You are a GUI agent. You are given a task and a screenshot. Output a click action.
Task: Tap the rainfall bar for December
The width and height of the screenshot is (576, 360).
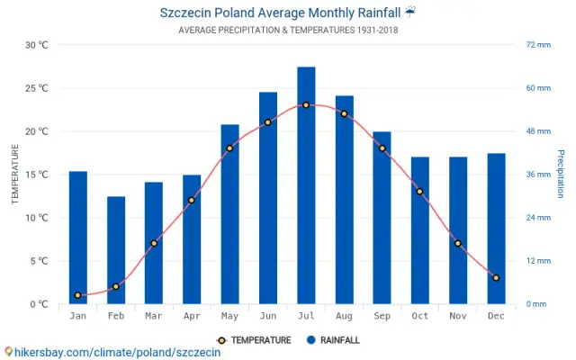click(496, 229)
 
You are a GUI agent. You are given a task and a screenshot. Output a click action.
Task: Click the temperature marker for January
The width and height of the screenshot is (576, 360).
click(78, 295)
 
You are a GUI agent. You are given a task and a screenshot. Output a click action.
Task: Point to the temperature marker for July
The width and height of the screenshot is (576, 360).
click(306, 105)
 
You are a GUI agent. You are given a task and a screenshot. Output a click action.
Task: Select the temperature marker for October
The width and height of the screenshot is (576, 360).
click(419, 192)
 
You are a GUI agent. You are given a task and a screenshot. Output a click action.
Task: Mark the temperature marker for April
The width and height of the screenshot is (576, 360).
click(192, 200)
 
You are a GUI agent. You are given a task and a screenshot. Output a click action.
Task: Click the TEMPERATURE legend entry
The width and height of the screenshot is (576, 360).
click(254, 340)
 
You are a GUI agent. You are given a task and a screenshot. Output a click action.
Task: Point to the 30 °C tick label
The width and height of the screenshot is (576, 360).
click(37, 45)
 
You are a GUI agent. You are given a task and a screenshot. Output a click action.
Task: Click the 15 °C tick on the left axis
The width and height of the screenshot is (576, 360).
click(37, 175)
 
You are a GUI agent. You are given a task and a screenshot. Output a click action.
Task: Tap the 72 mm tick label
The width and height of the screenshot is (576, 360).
click(537, 45)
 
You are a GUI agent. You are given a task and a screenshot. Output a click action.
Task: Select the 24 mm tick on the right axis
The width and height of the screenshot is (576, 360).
click(537, 218)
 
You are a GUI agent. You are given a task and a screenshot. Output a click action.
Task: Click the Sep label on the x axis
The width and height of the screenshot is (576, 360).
click(382, 316)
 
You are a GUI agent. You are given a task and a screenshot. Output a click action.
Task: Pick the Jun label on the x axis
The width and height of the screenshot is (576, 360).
click(268, 316)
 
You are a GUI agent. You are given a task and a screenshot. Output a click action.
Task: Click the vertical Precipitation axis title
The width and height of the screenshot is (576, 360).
click(560, 174)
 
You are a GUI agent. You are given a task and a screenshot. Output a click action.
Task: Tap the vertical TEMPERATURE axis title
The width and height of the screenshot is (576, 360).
click(15, 175)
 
